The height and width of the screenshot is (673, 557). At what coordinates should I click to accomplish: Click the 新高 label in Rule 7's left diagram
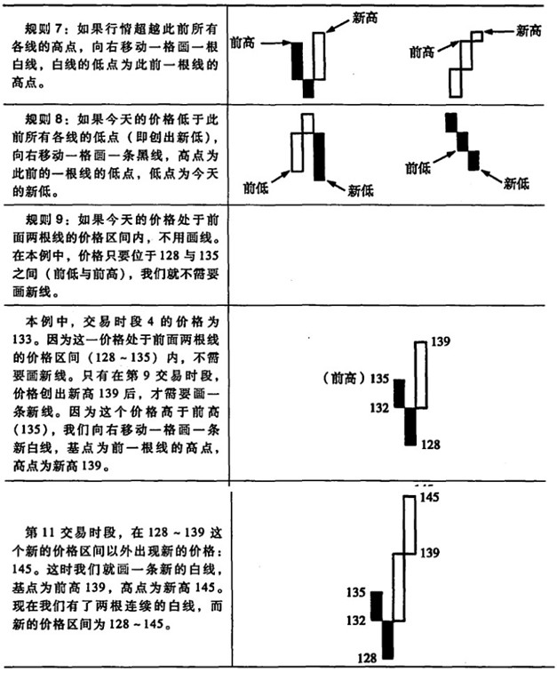click(x=364, y=18)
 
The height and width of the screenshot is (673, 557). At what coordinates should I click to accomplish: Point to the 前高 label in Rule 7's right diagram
click(x=422, y=52)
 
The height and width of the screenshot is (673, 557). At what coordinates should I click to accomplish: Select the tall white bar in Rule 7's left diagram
click(x=319, y=56)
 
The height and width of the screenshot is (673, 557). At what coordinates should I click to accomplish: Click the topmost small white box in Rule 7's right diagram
click(x=477, y=36)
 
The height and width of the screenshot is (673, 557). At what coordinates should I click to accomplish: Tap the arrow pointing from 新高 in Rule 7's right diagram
click(x=498, y=31)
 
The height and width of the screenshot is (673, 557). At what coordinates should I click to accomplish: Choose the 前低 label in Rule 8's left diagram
click(x=256, y=188)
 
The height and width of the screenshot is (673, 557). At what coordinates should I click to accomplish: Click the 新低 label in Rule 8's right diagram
click(x=516, y=184)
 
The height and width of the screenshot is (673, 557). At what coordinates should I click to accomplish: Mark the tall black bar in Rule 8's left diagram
click(x=319, y=156)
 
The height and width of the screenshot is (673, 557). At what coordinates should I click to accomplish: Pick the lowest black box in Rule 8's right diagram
click(x=473, y=161)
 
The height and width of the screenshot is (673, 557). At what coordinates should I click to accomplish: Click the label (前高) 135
click(x=356, y=379)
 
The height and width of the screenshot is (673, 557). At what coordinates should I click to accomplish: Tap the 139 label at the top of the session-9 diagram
click(x=441, y=341)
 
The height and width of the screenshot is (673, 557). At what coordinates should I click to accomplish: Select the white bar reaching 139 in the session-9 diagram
click(x=421, y=374)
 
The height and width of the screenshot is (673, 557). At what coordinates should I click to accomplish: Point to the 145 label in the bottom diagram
click(x=429, y=497)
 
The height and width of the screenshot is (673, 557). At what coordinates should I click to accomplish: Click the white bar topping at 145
click(x=410, y=525)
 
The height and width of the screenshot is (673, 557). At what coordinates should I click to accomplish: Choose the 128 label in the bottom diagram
click(x=367, y=658)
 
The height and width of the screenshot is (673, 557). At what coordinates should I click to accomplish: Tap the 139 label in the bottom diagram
click(x=430, y=552)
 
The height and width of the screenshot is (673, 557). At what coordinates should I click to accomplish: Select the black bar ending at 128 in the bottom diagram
click(x=387, y=639)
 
